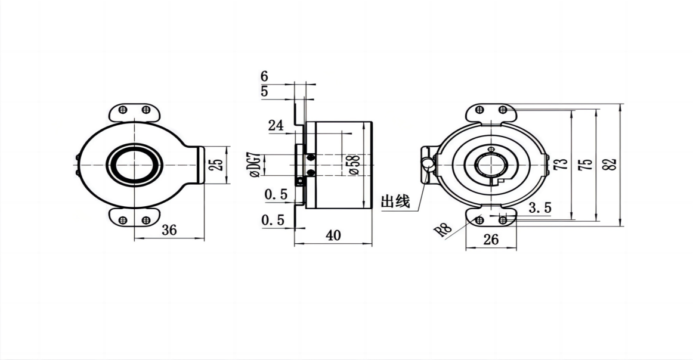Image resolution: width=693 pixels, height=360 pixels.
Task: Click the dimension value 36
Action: pyautogui.click(x=169, y=229)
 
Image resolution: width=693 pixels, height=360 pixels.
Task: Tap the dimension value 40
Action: pyautogui.click(x=333, y=235)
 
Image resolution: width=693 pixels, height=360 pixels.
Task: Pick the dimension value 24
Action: pyautogui.click(x=275, y=125)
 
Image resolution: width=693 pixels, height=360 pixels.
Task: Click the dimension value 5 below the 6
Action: pyautogui.click(x=265, y=91)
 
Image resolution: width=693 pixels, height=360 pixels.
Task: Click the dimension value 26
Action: pyautogui.click(x=490, y=240)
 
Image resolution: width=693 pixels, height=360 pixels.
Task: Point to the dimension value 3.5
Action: pyautogui.click(x=540, y=207)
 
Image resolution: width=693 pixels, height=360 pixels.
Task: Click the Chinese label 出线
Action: pyautogui.click(x=395, y=201)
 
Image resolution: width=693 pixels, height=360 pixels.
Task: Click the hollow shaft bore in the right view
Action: pyautogui.click(x=490, y=165)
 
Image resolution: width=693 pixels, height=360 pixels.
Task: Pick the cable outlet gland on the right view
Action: pyautogui.click(x=427, y=163)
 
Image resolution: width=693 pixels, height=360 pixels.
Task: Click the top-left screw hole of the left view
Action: pyautogui.click(x=123, y=110)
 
